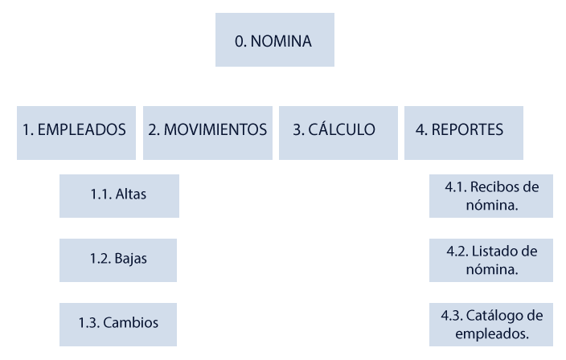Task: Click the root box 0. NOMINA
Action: [x=273, y=39]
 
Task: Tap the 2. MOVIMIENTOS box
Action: [x=207, y=129]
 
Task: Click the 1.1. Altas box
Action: [x=119, y=194]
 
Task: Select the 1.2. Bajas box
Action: [x=119, y=259]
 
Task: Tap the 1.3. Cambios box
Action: [x=119, y=323]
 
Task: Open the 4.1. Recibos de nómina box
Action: [x=490, y=194]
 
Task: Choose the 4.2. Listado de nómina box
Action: [x=490, y=260]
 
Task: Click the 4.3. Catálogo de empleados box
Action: [x=490, y=323]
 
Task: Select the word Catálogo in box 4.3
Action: [x=500, y=314]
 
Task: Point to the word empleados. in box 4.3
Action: [x=490, y=332]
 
